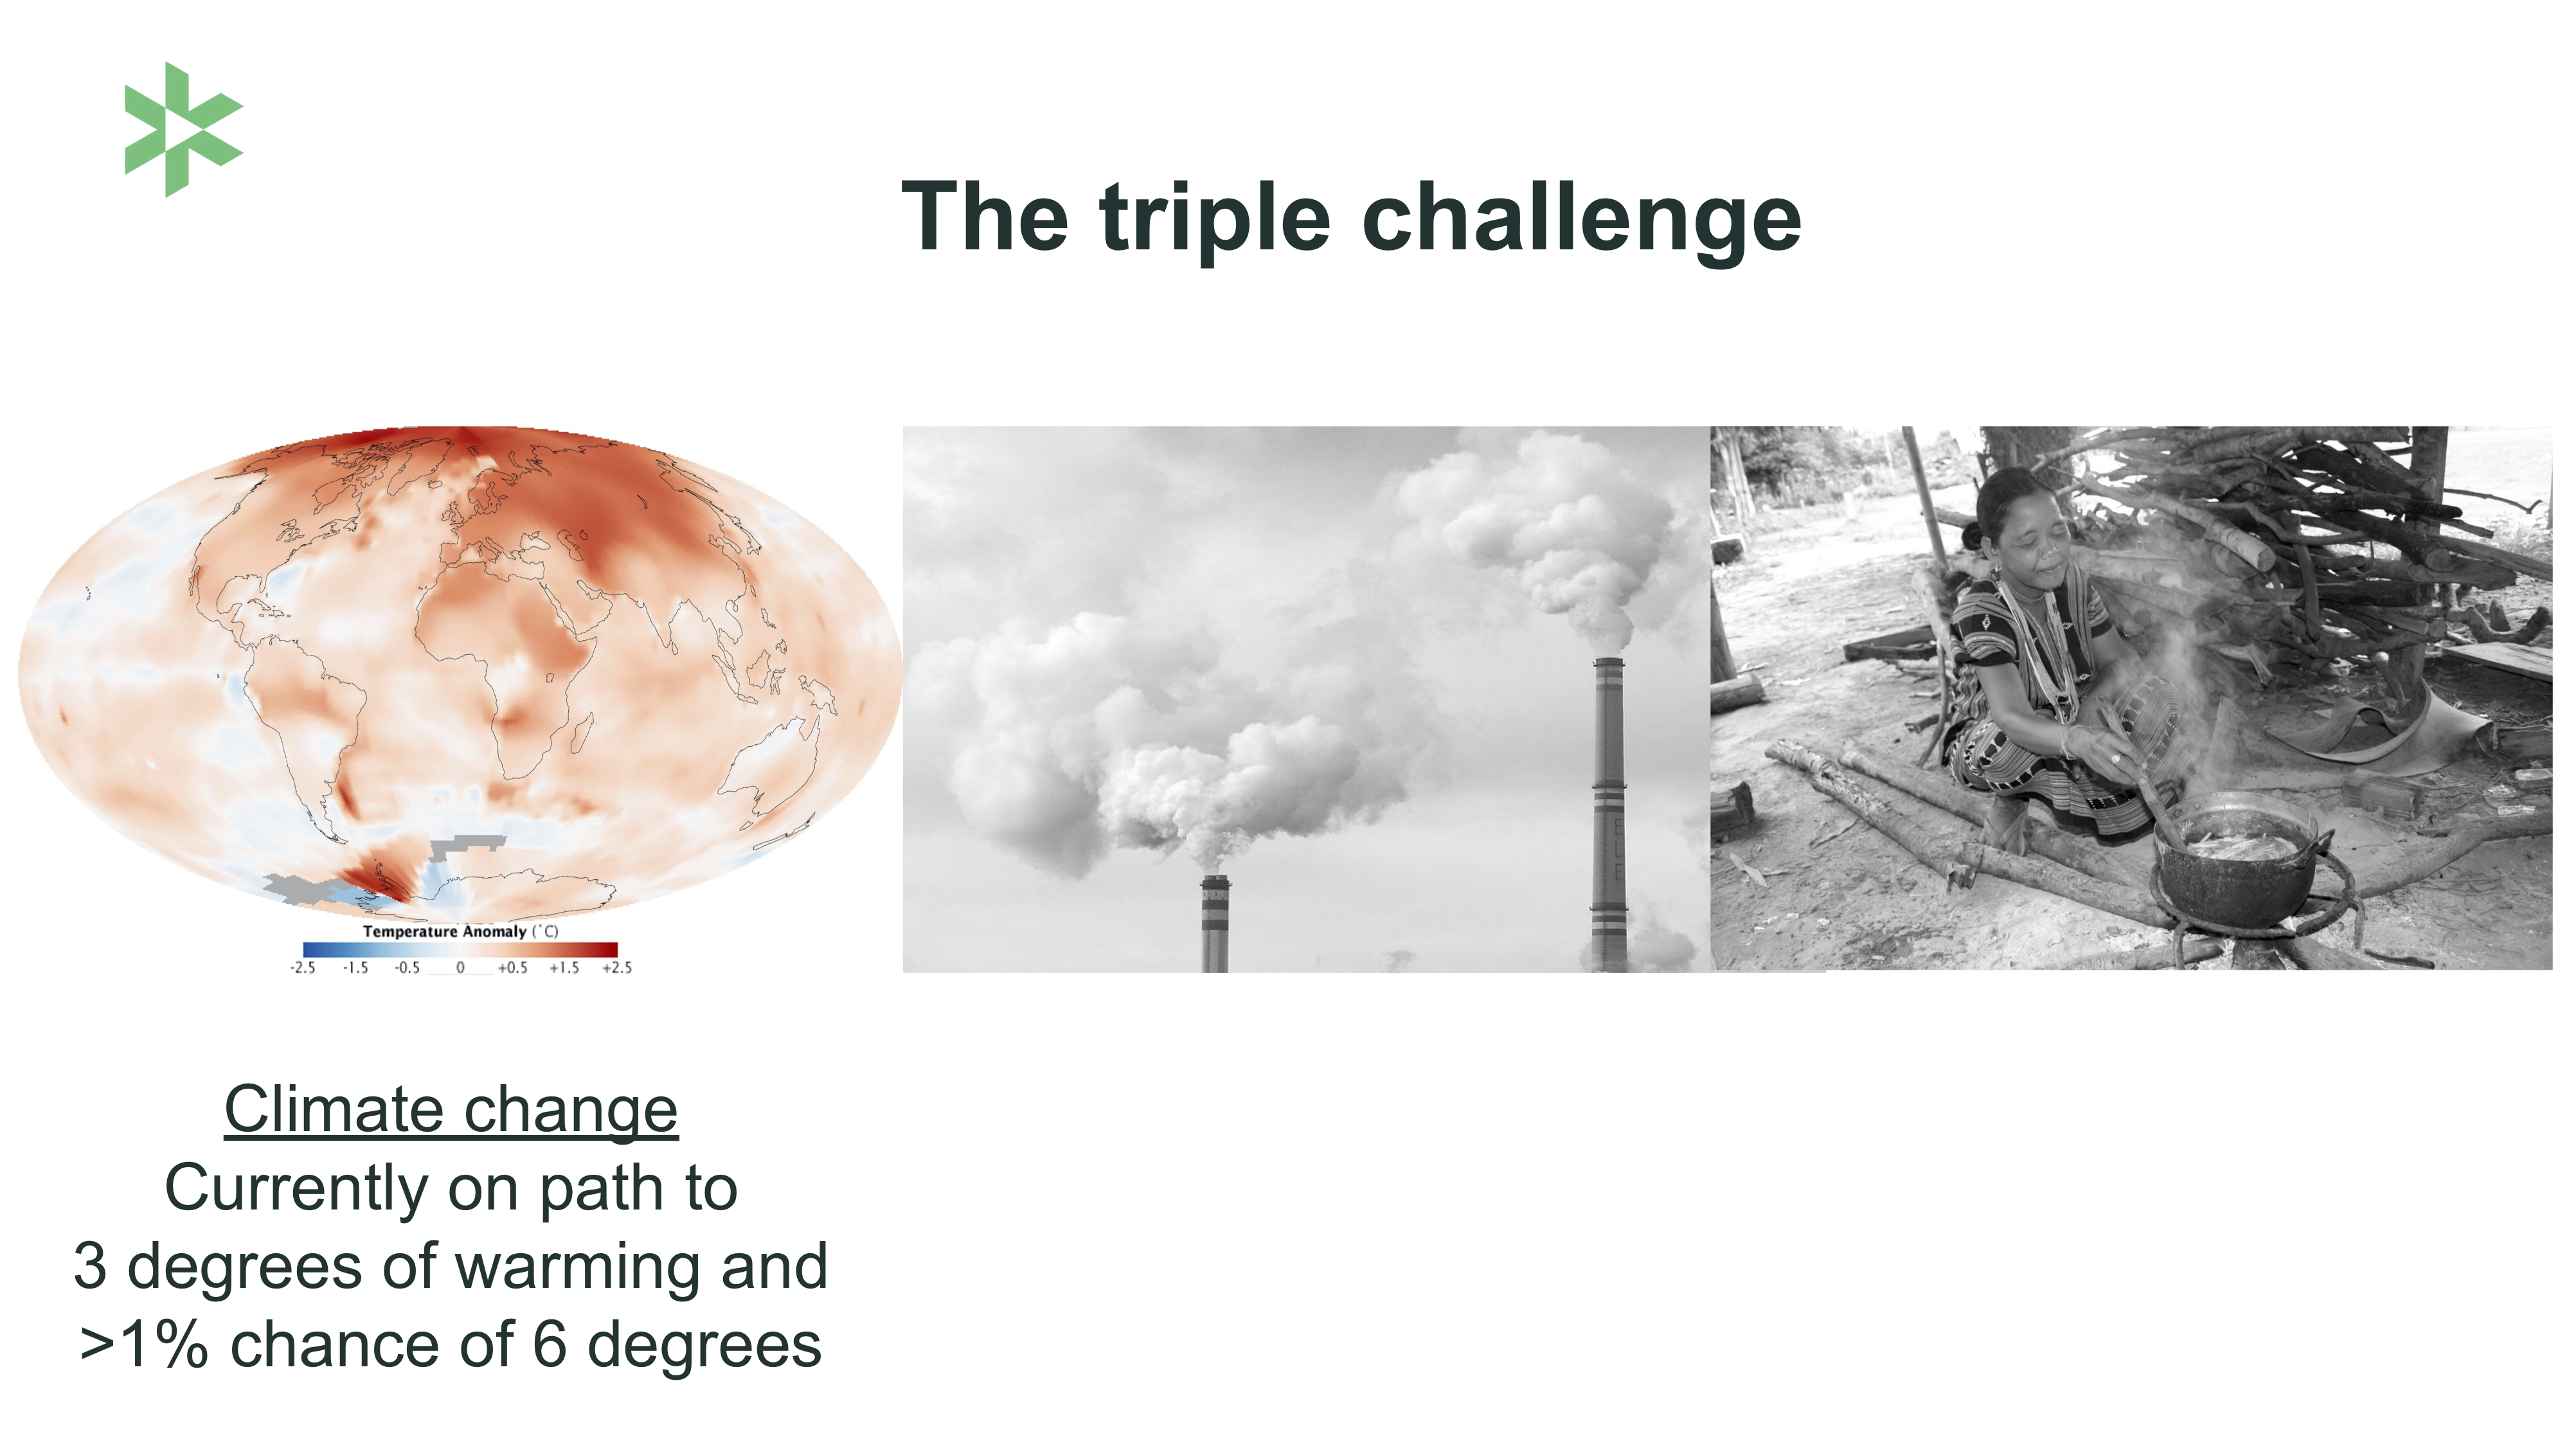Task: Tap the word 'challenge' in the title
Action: [x=1582, y=220]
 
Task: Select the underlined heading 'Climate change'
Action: [x=451, y=1110]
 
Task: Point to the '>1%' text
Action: [x=145, y=1344]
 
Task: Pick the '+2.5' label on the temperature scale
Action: [x=617, y=968]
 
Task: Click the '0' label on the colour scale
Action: [x=460, y=968]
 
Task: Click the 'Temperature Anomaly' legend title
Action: [x=444, y=931]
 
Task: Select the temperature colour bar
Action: [x=460, y=950]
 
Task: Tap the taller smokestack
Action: [x=1608, y=814]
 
